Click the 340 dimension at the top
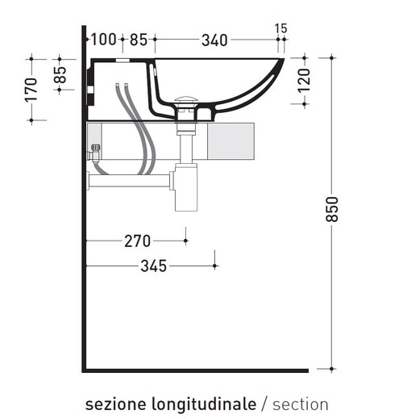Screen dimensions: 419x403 pyautogui.click(x=214, y=39)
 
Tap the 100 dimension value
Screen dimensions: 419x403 pyautogui.click(x=104, y=39)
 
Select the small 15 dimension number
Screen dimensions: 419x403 pyautogui.click(x=280, y=28)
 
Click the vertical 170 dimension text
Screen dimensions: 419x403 pyautogui.click(x=31, y=89)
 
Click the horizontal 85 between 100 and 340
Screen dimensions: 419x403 pyautogui.click(x=139, y=39)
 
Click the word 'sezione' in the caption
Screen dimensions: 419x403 pyautogui.click(x=118, y=404)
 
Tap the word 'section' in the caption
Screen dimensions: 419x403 pyautogui.click(x=300, y=404)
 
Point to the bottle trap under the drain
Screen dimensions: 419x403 pyautogui.click(x=186, y=191)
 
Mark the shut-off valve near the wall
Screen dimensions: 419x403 pyautogui.click(x=96, y=150)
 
